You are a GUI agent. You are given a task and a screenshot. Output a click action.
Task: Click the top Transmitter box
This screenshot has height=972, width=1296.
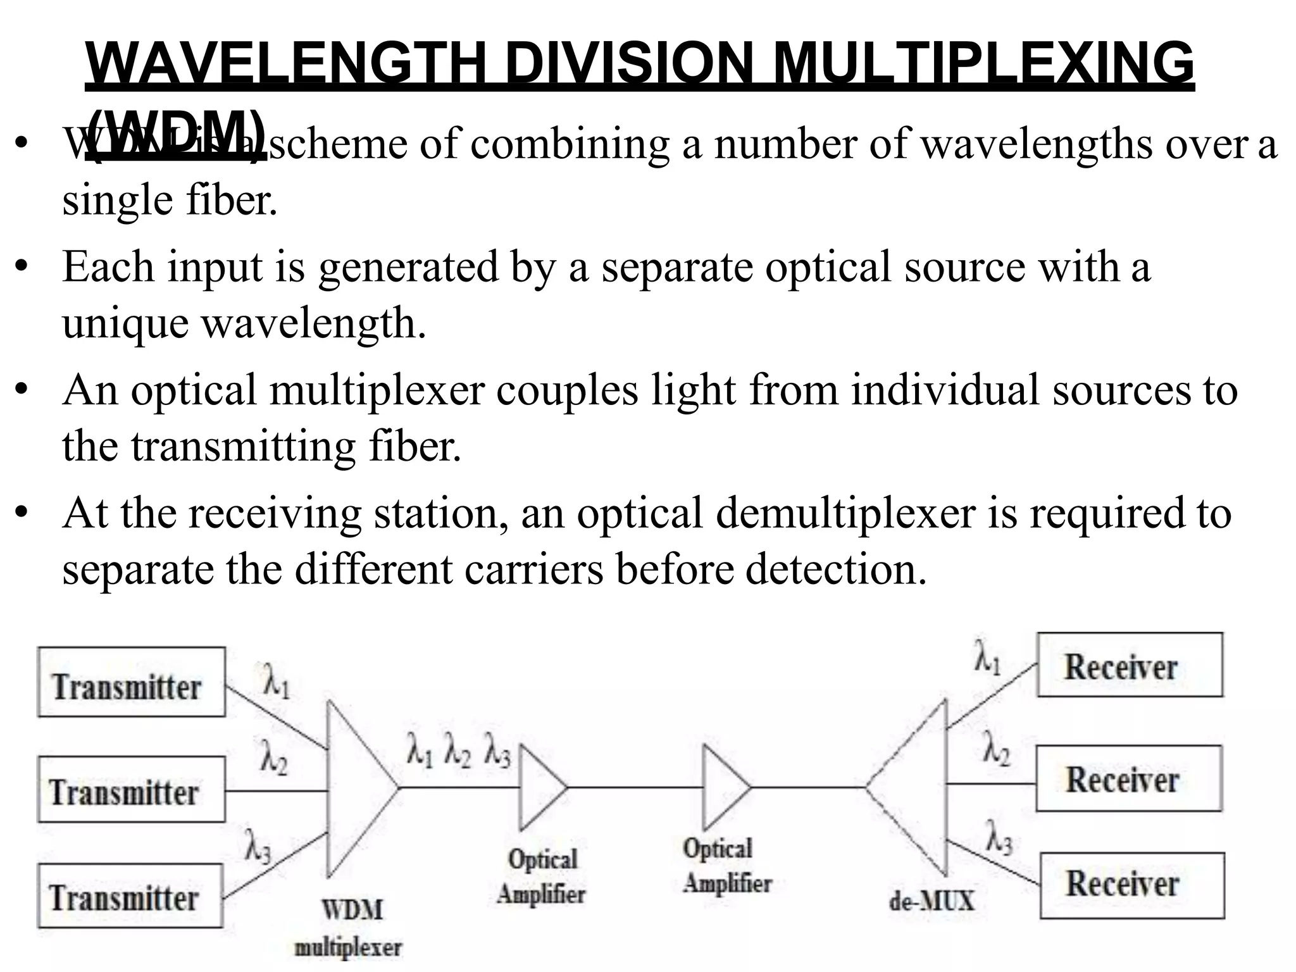[131, 682]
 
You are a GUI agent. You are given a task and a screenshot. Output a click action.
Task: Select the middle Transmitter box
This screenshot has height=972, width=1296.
[131, 789]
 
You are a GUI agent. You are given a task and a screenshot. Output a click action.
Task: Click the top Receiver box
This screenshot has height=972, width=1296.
[1130, 664]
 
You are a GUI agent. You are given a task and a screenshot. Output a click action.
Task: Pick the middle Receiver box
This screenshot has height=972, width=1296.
[1128, 778]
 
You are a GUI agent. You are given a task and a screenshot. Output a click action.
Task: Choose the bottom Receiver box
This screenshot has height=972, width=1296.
[1131, 885]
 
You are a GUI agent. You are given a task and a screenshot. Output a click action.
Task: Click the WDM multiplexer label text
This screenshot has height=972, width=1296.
[350, 928]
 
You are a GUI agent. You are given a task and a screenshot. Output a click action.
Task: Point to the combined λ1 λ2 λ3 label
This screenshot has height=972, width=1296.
[459, 752]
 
